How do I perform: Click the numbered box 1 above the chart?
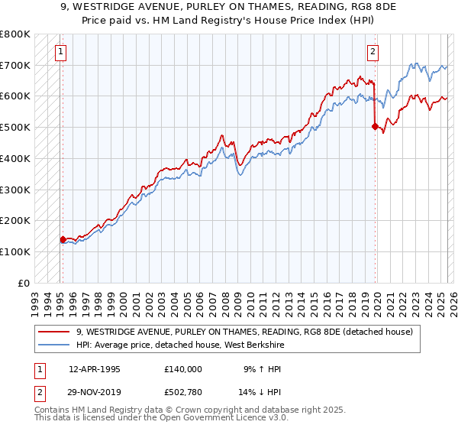[x=60, y=52]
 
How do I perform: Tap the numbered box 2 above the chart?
[x=373, y=52]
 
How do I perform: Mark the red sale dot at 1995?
[x=63, y=239]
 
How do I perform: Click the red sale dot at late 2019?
[x=374, y=127]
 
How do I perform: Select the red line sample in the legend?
[x=54, y=332]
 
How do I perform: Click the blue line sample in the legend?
[x=54, y=345]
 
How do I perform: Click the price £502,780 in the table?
[x=183, y=393]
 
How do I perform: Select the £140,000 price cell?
[x=183, y=369]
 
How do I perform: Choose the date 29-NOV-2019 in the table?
[x=95, y=393]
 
